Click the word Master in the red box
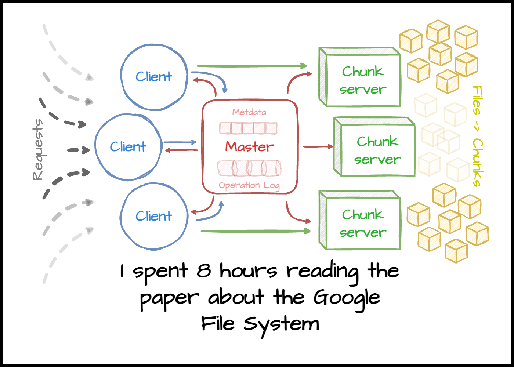click(250, 147)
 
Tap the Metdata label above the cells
click(249, 112)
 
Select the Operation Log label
click(249, 186)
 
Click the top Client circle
click(154, 77)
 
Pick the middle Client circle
click(128, 147)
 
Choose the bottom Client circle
click(154, 216)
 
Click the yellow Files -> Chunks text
click(477, 136)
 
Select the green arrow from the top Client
click(252, 66)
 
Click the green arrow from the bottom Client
click(255, 231)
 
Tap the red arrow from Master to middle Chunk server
click(318, 146)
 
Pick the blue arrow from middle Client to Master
click(180, 142)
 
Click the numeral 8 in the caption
click(203, 271)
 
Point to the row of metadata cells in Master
click(248, 128)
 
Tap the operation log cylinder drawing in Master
click(250, 168)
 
